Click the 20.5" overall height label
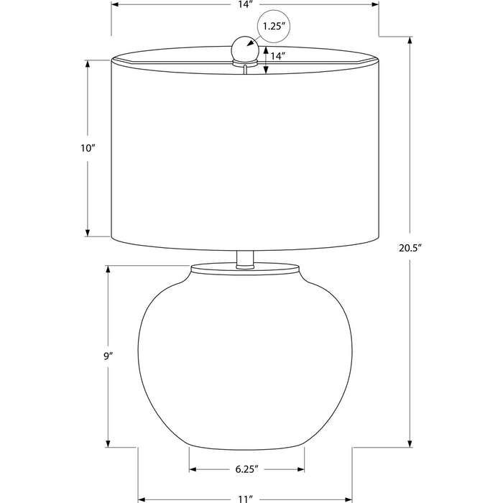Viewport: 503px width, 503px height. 410,248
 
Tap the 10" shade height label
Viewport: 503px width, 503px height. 88,148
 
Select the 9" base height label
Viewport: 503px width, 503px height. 109,356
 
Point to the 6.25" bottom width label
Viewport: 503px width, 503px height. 247,469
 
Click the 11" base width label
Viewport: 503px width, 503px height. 246,499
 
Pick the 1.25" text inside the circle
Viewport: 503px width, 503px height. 274,27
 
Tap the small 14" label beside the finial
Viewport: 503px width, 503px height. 278,56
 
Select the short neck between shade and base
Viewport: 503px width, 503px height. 245,259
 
